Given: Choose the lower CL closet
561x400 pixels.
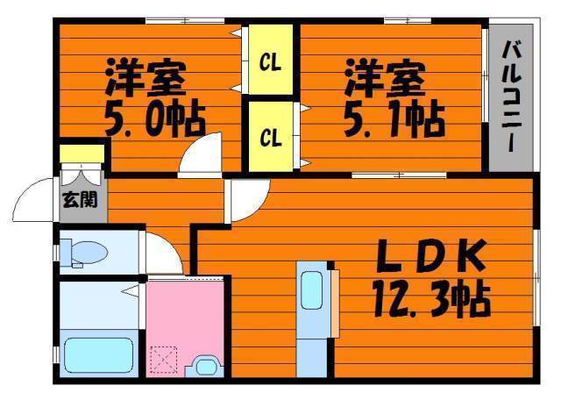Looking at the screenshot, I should click(271, 137).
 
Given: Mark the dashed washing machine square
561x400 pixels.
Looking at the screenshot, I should click(164, 361).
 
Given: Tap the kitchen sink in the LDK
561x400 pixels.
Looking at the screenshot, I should click(312, 290).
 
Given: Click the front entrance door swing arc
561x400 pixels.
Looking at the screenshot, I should click(35, 202).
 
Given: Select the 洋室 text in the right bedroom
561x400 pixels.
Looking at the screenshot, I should click(385, 78).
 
